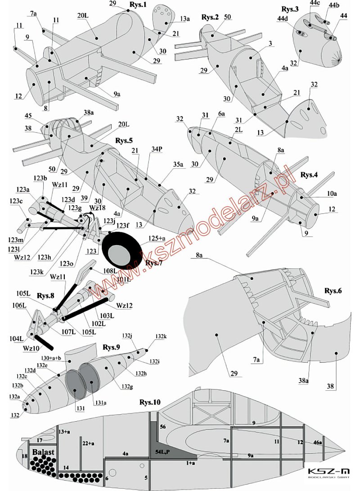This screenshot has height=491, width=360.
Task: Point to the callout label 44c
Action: click(314, 4)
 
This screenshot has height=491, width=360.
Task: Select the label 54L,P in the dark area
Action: click(163, 451)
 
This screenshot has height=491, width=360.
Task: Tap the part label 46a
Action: click(318, 443)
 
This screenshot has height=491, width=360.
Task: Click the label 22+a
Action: click(89, 443)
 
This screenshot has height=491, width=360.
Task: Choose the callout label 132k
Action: click(161, 336)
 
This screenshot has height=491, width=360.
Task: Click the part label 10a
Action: click(332, 194)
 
